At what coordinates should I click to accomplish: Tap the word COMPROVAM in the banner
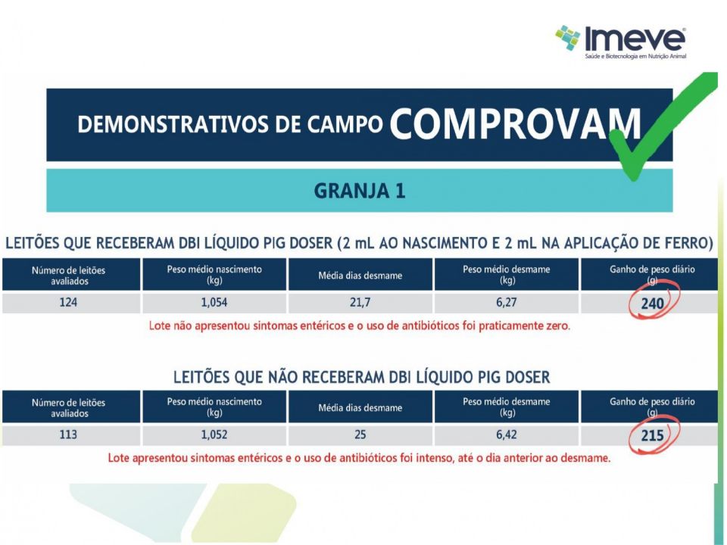(x=514, y=124)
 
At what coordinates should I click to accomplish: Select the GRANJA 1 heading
(x=360, y=192)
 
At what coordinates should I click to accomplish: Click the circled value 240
(x=651, y=304)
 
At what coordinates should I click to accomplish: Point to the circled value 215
(x=651, y=436)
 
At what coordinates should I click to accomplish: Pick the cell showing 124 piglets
(x=72, y=304)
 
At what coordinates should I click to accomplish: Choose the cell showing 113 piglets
(x=72, y=435)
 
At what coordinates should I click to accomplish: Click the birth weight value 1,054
(x=214, y=304)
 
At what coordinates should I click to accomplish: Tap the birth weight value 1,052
(x=214, y=435)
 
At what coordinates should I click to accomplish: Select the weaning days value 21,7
(x=360, y=304)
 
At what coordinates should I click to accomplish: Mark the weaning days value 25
(x=360, y=435)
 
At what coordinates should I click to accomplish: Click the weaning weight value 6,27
(x=506, y=304)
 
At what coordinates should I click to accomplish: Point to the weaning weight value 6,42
(x=506, y=435)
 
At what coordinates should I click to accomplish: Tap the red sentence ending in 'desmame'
(x=360, y=458)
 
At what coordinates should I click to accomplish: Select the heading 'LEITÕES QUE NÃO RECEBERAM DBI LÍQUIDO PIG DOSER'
(x=361, y=377)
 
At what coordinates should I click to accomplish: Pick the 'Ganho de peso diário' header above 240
(x=651, y=273)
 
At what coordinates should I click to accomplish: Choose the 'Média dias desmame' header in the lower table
(x=360, y=408)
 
